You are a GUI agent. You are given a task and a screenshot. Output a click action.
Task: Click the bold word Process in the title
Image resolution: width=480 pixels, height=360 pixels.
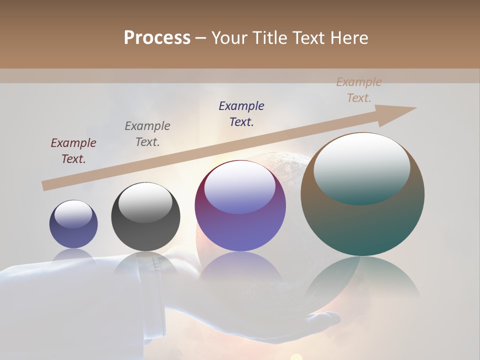[157, 38]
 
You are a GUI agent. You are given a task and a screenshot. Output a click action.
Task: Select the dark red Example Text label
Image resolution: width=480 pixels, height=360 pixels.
[73, 150]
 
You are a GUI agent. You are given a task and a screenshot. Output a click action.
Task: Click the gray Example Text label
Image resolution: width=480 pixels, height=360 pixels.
[147, 133]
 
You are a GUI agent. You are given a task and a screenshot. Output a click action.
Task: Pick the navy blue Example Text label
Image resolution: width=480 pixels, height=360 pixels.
[241, 113]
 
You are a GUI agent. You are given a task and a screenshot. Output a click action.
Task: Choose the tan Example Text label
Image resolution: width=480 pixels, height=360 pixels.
[358, 90]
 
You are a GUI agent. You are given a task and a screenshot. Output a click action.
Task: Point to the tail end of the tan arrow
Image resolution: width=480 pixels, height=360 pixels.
[45, 185]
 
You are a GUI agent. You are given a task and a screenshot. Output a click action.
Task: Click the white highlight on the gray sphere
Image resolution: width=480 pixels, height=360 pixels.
[145, 202]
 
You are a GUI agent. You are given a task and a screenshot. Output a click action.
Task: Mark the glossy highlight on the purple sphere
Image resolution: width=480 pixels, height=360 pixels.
[240, 187]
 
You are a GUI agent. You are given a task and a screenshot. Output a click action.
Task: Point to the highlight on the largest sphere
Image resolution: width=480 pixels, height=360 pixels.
[362, 168]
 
